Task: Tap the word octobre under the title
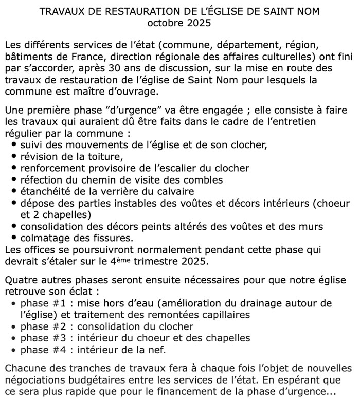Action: [x=164, y=24]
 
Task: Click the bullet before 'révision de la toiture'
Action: [x=14, y=156]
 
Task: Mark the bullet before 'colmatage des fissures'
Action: [x=14, y=238]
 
